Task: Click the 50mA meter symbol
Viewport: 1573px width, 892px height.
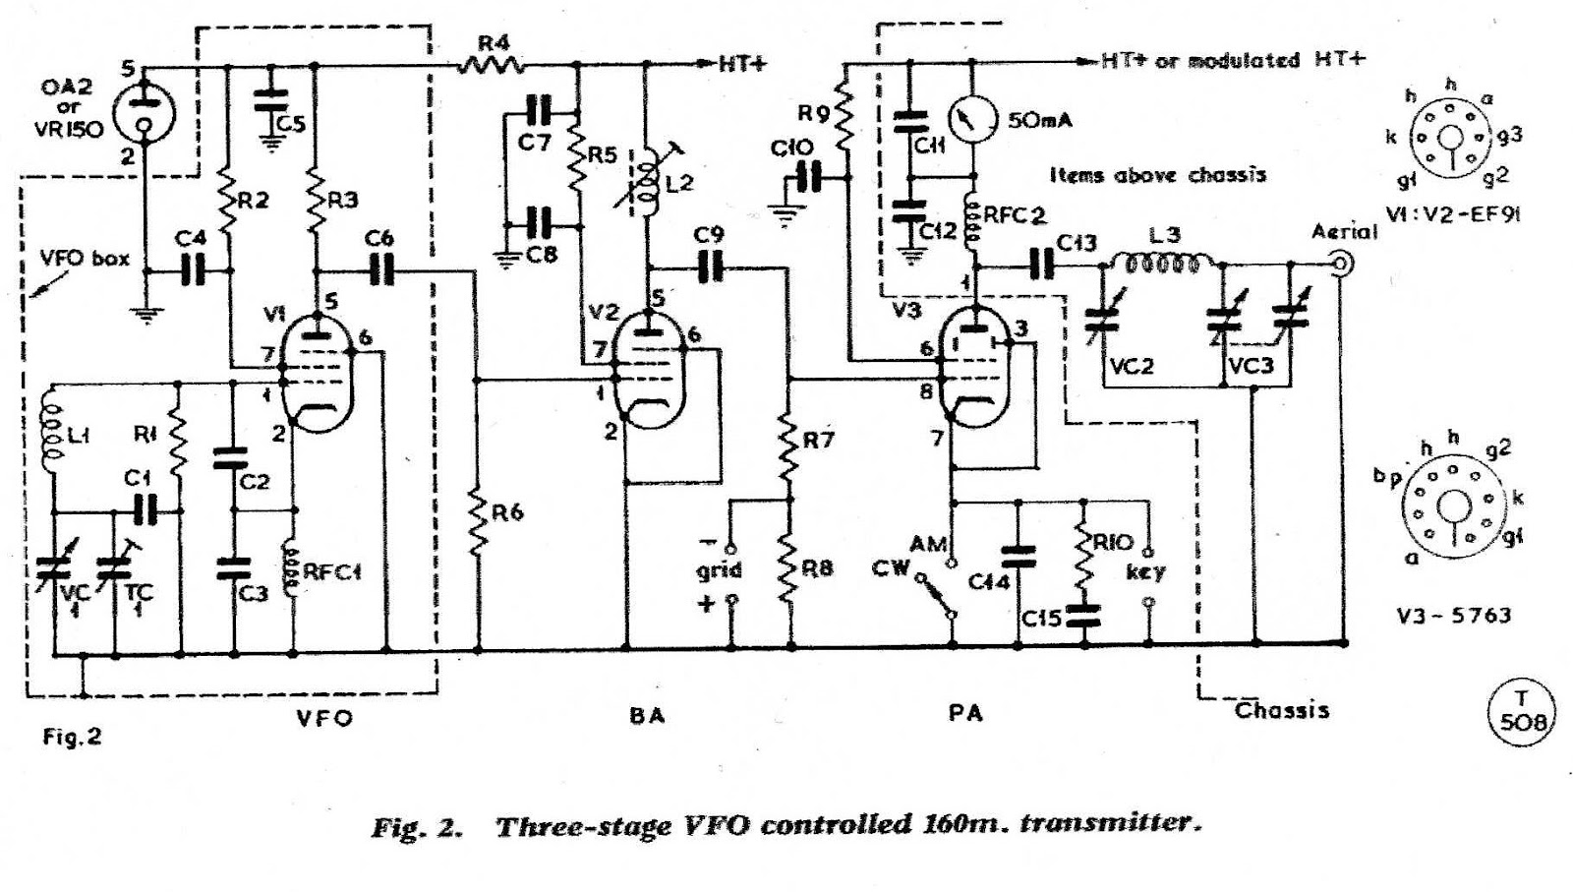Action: pos(972,120)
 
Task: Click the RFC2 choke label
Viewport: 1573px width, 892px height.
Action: pos(1015,214)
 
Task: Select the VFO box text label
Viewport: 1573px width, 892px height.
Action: pos(85,259)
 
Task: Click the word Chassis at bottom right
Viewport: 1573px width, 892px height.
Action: pos(1281,709)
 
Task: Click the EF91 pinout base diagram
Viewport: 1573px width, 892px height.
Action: pos(1450,140)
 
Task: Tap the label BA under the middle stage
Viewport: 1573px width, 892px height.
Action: pos(646,715)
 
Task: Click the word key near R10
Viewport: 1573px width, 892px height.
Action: pos(1144,571)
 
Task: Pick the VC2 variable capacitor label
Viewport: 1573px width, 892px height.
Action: pos(1131,366)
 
